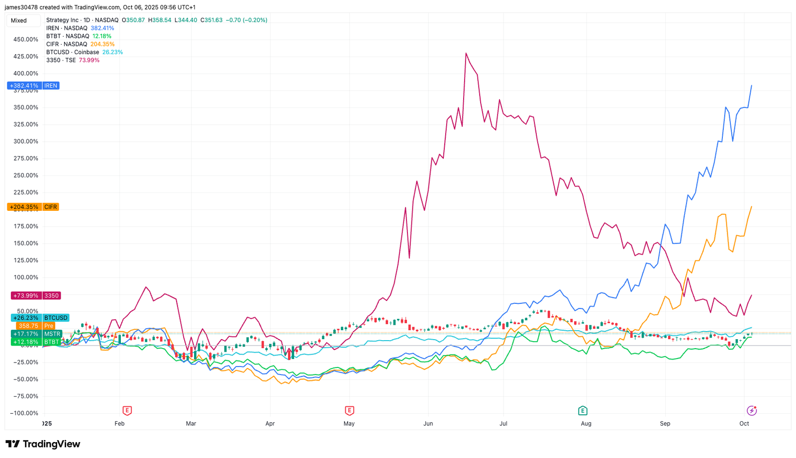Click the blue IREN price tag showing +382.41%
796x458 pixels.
pos(33,86)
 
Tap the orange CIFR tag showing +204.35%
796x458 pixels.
pos(33,207)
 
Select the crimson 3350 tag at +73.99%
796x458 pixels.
pos(35,295)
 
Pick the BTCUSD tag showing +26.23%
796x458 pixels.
pos(40,318)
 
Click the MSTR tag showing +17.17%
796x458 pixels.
pos(36,334)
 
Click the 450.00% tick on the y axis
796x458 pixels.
pos(25,39)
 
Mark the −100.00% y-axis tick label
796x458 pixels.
pos(24,413)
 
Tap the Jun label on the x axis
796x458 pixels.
pos(428,424)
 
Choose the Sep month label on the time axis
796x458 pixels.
pos(665,424)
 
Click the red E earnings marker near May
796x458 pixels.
pos(349,410)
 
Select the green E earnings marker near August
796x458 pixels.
pos(583,410)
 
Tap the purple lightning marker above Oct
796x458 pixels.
pos(752,410)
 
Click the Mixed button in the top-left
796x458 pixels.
pos(19,20)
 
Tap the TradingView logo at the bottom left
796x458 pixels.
pos(43,444)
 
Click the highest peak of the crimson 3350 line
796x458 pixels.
pos(466,53)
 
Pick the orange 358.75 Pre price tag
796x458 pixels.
pos(35,326)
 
